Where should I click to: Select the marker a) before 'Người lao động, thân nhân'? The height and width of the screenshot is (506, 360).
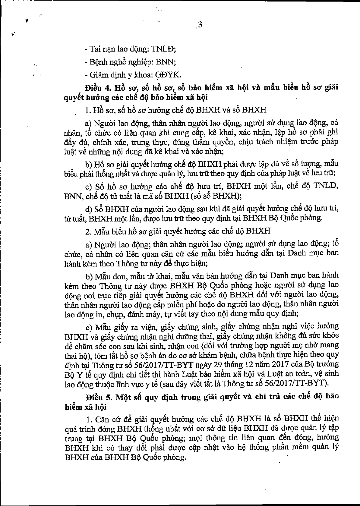(x=88, y=123)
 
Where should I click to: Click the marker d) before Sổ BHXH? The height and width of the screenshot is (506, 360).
(x=88, y=209)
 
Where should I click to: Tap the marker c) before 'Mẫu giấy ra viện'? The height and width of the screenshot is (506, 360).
(x=88, y=326)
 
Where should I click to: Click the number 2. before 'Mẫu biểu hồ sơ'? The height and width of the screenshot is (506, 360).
(x=88, y=231)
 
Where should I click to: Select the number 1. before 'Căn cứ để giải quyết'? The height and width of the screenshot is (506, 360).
(x=88, y=419)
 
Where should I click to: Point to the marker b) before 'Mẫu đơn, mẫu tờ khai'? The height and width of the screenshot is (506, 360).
(x=88, y=275)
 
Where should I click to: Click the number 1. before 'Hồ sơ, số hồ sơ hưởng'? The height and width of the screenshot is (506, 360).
(x=88, y=110)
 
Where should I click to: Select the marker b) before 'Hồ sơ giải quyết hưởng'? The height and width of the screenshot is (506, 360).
(x=88, y=165)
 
